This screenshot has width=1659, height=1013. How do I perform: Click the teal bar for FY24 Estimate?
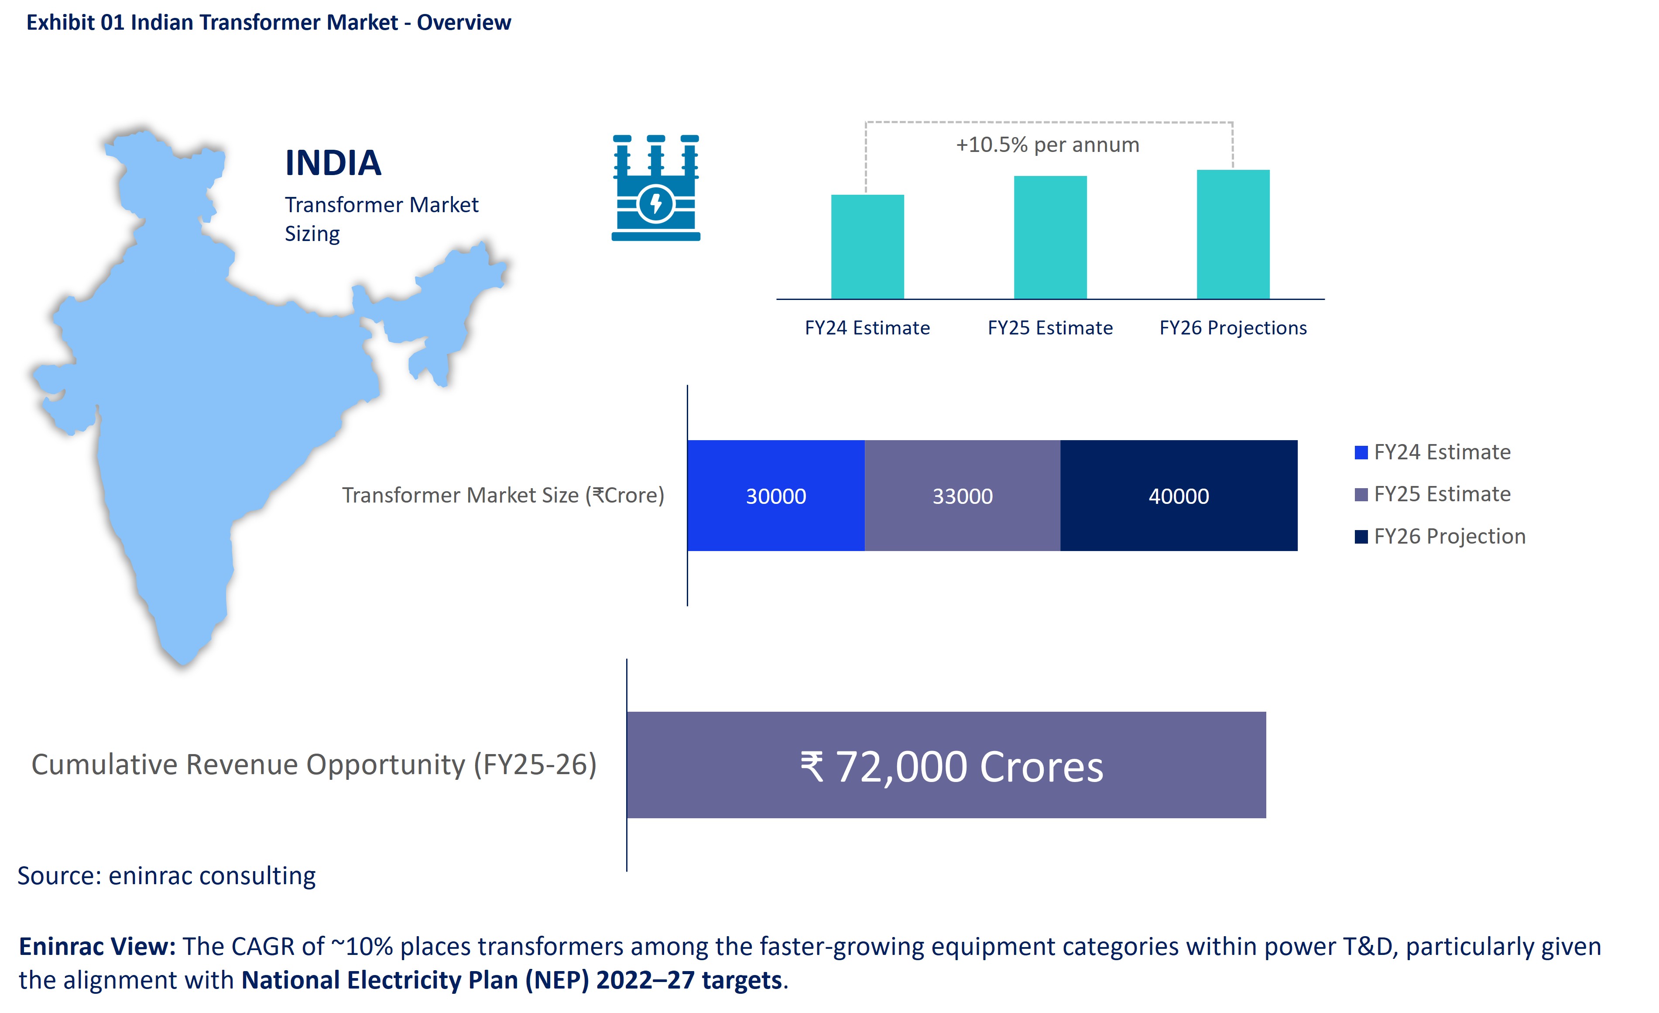(867, 247)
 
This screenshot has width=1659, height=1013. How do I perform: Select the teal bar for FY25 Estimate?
(1050, 237)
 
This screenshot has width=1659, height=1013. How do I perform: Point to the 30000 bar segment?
(776, 496)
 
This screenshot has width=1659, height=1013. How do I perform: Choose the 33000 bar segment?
(962, 496)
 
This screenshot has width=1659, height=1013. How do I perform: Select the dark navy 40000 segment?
(1178, 496)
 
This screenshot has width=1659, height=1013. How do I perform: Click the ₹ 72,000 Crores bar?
(946, 765)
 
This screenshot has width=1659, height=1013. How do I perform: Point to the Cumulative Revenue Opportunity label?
(314, 765)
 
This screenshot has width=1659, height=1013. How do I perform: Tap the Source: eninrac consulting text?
(166, 875)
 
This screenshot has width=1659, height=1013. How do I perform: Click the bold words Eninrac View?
(97, 946)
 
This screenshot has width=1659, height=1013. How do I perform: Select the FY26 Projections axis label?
(1232, 328)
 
